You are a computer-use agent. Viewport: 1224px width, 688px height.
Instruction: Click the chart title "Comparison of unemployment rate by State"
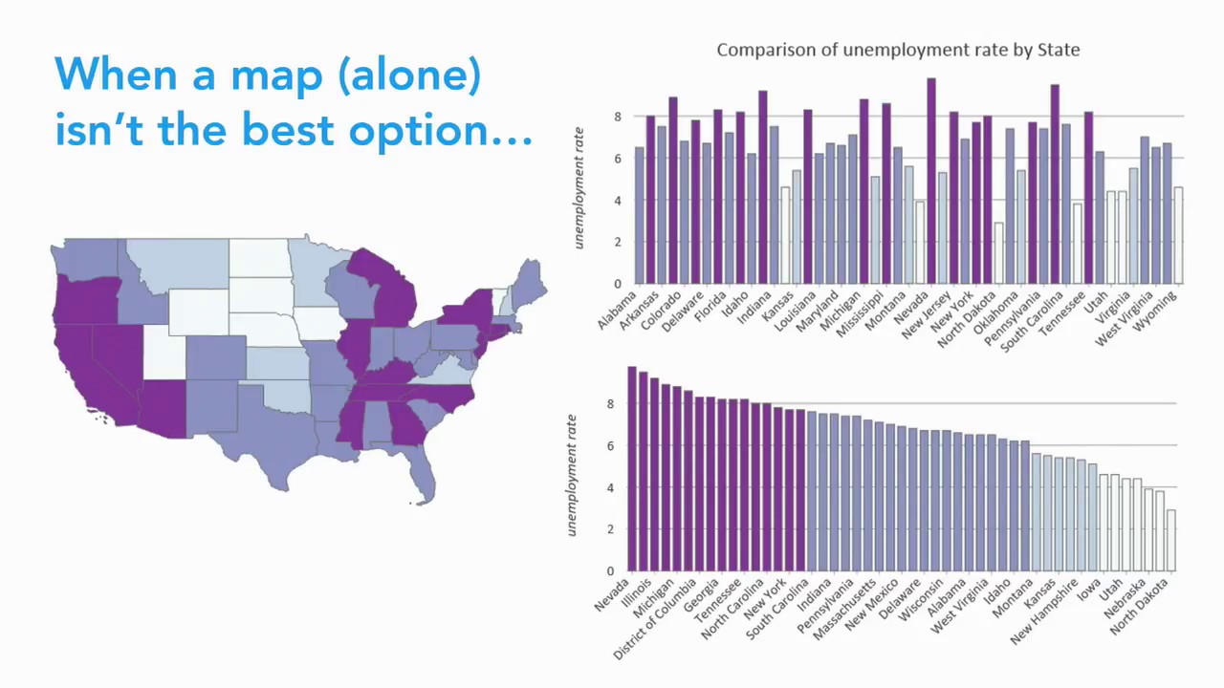click(x=898, y=50)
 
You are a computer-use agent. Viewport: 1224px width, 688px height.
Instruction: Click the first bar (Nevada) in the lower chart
click(x=632, y=468)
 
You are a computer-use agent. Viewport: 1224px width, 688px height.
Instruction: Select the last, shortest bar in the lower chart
click(x=1170, y=540)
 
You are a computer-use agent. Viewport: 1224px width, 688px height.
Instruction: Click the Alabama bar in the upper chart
click(x=640, y=215)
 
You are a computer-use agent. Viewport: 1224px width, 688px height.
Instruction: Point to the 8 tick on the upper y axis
click(x=618, y=117)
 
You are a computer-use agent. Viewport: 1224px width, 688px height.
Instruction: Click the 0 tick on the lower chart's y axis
click(x=610, y=571)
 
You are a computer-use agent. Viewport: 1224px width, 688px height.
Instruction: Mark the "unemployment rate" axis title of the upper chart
click(x=579, y=188)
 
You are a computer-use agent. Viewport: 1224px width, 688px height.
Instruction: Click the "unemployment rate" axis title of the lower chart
click(x=572, y=475)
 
